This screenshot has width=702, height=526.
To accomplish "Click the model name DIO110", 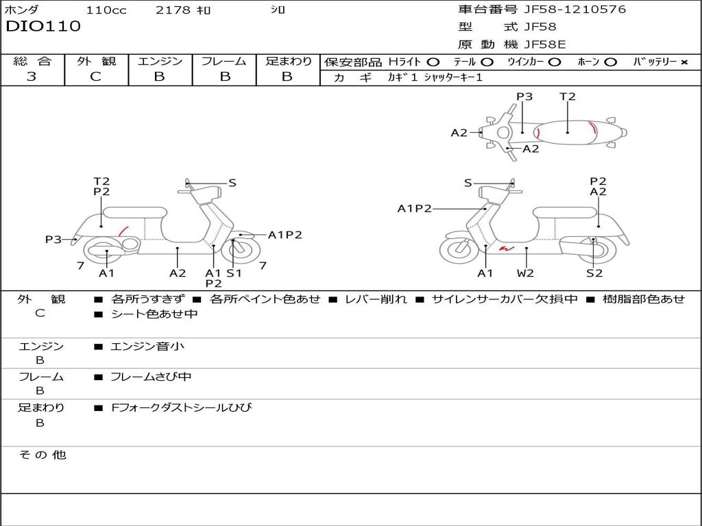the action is coord(43,27).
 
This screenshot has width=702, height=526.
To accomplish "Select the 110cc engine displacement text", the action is coord(106,10).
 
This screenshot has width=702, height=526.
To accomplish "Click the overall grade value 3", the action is coord(32,77).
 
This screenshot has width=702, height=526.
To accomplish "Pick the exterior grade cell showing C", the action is coord(95,77).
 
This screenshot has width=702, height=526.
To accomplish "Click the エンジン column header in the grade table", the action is coord(160,61).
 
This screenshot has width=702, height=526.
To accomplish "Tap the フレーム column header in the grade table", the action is coord(224,61).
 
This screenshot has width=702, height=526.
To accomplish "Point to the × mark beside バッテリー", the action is coord(683,62).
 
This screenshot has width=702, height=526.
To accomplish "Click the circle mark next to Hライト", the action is coord(433,62).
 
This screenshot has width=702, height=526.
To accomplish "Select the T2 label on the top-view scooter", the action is coord(568,97).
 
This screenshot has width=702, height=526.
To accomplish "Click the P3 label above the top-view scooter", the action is coord(524,97).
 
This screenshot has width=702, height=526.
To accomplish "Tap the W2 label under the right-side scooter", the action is coord(525,273).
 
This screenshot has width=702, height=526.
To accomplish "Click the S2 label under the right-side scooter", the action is coord(594,273).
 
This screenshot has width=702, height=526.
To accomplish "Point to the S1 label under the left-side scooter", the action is coord(234,273).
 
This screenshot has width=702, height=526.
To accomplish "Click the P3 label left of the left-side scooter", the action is coord(53,240).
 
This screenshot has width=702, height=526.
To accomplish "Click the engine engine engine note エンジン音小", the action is coord(147,347).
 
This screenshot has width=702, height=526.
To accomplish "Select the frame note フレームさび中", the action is coord(151,377).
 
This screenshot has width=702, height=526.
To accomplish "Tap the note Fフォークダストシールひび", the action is coord(182,408).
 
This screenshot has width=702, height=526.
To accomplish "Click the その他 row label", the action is coord(42,455).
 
